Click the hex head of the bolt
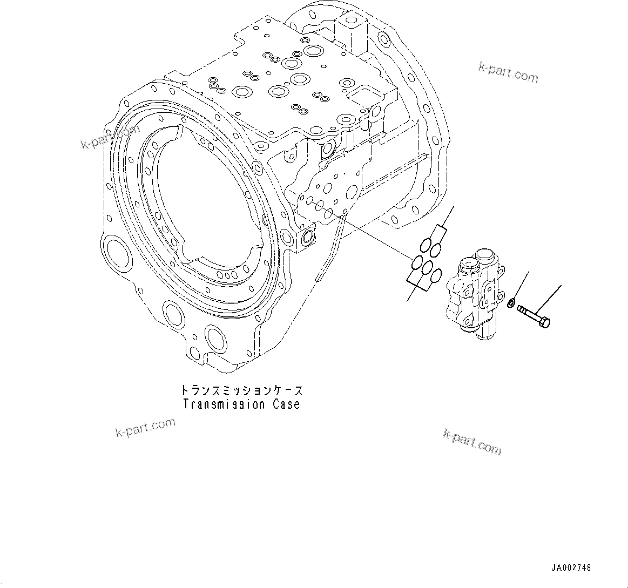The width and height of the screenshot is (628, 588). (545, 323)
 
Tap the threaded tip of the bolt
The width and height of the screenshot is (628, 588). (521, 309)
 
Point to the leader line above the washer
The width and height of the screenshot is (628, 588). (521, 286)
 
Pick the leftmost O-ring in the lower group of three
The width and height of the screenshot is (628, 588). (417, 263)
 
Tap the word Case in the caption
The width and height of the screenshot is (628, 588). (285, 404)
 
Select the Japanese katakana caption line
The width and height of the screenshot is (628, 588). (241, 390)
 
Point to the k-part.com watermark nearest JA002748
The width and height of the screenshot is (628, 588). (472, 441)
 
